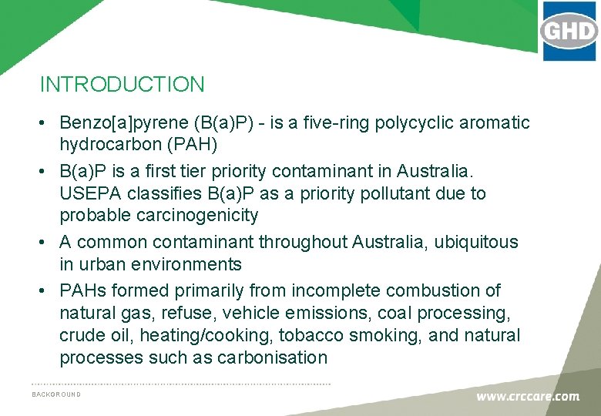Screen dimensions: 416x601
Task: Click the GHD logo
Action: (569, 32)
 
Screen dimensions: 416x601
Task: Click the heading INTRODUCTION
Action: (122, 84)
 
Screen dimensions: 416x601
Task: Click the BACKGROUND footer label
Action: (56, 394)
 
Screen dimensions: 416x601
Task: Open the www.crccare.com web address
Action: (527, 397)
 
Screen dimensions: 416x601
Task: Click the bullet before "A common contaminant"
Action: (46, 242)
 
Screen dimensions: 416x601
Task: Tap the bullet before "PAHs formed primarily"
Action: (46, 290)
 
